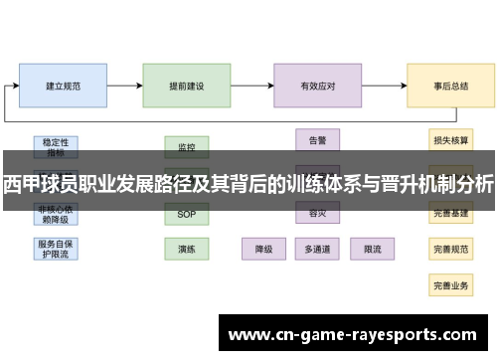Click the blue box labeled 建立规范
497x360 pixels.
(x=64, y=86)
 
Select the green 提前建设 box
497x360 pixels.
(x=187, y=86)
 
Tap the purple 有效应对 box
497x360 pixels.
(x=317, y=86)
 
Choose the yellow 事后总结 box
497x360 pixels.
(x=450, y=86)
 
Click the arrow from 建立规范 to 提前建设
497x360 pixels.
(x=125, y=86)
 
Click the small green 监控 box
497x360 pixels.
(x=187, y=147)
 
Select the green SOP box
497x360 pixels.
(x=187, y=215)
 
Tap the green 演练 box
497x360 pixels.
(x=187, y=248)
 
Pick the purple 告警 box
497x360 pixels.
(x=318, y=140)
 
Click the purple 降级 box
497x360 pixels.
(x=264, y=248)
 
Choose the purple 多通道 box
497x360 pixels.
(x=318, y=248)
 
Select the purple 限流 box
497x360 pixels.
(x=372, y=248)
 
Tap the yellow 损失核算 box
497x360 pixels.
(x=450, y=140)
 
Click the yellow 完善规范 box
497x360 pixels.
(x=450, y=248)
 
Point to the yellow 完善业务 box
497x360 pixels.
(x=450, y=284)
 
